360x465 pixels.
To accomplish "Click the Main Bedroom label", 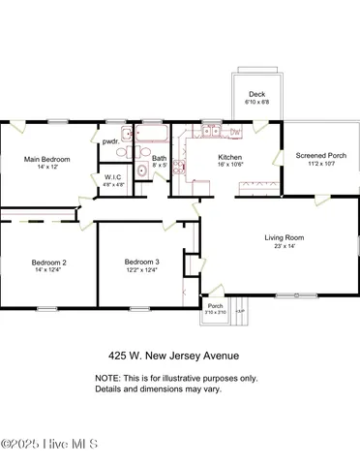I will (45, 159).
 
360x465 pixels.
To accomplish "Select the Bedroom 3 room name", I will (141, 262).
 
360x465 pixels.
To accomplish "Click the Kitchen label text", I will (229, 157).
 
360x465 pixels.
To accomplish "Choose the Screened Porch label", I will (310, 154).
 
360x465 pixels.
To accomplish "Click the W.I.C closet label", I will (112, 177).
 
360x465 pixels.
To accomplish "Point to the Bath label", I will (159, 158).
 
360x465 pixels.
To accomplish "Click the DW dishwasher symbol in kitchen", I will (236, 131).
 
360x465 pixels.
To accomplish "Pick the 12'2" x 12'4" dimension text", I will (141, 270).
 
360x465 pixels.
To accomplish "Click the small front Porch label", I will (215, 305).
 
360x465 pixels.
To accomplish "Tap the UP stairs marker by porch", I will (239, 310).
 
